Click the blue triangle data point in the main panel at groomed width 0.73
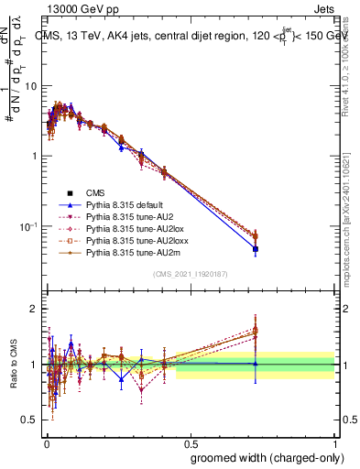(x=256, y=248)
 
